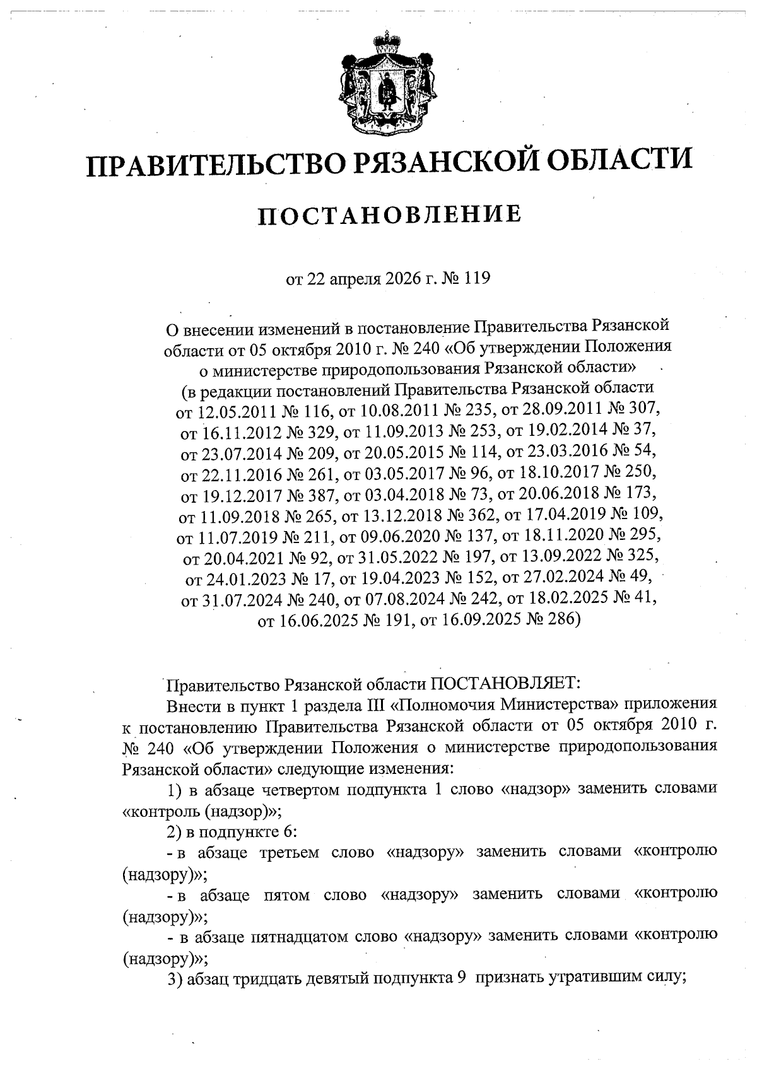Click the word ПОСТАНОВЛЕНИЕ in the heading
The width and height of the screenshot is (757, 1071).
tap(389, 214)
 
